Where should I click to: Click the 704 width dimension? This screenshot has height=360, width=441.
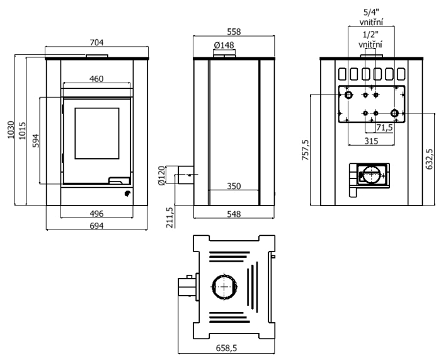pos(96,42)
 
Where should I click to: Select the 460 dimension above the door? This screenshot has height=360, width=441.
pos(96,78)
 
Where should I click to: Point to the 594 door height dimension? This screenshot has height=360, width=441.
pos(36,141)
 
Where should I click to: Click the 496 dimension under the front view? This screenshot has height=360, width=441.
pos(96,213)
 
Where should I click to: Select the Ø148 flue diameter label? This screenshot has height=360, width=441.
pos(224,45)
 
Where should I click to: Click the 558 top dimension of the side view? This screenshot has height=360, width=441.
pos(233,32)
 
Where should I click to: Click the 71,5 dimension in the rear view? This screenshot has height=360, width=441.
pos(384,127)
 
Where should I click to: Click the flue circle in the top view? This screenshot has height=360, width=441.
pos(224,288)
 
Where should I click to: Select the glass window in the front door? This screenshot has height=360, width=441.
pos(96,133)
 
